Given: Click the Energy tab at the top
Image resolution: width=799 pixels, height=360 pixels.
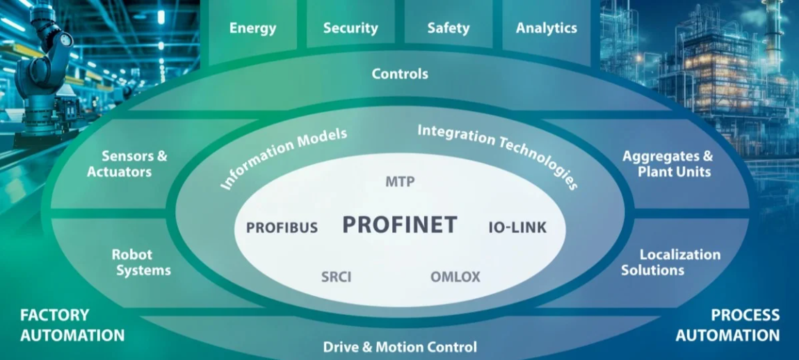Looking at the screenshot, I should point(252,28).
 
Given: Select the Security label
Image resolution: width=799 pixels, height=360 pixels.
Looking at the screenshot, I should point(350,28).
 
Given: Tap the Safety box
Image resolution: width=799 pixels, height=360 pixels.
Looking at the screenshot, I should point(448,28).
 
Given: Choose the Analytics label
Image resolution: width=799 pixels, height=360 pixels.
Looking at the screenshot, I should point(546,28).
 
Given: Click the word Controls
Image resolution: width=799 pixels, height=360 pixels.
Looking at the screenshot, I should point(400,73).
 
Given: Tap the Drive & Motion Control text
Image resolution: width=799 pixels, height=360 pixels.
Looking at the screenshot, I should point(400,346).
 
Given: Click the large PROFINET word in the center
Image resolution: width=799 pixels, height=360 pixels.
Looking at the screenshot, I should point(400,224).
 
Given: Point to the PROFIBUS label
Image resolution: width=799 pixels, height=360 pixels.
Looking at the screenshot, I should point(282,227).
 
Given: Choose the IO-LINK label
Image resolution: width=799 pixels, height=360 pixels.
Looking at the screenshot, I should point(518,227).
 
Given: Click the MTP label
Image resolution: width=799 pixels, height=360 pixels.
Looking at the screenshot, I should point(400,182).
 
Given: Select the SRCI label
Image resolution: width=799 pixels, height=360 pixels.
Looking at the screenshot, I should point(336,277).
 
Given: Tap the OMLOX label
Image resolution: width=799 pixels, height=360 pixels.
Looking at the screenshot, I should point(455,277).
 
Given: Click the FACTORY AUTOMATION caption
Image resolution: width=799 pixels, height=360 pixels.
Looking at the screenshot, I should point(72,325).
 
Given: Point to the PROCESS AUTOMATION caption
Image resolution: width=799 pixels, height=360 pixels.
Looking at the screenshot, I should point(727,325).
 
